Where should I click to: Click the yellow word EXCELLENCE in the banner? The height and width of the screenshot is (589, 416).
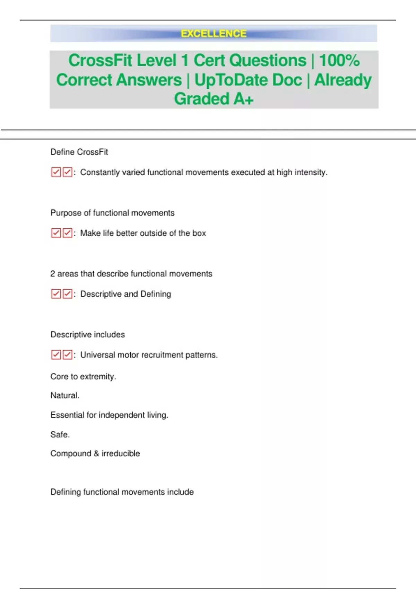(214, 34)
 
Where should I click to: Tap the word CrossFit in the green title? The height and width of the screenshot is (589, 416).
(100, 60)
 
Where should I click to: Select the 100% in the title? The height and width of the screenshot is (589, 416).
(339, 60)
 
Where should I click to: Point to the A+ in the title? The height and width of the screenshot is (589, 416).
(243, 99)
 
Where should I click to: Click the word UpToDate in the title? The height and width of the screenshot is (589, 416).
(248, 80)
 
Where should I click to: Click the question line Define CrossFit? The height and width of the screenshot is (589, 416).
(79, 152)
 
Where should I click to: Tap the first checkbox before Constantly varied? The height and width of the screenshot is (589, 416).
(56, 172)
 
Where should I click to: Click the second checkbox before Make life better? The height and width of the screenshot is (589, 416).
(67, 233)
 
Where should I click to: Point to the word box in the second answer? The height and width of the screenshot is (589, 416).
(199, 233)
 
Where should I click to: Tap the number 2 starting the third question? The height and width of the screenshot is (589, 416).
(53, 274)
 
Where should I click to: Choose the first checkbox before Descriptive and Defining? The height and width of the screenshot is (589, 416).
(56, 294)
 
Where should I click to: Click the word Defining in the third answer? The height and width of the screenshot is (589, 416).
(156, 294)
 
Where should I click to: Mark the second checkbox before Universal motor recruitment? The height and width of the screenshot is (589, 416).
(67, 355)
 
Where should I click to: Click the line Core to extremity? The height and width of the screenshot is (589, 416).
(83, 377)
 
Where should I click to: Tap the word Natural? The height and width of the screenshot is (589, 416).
(65, 395)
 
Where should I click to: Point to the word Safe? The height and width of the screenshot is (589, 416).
(60, 434)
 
